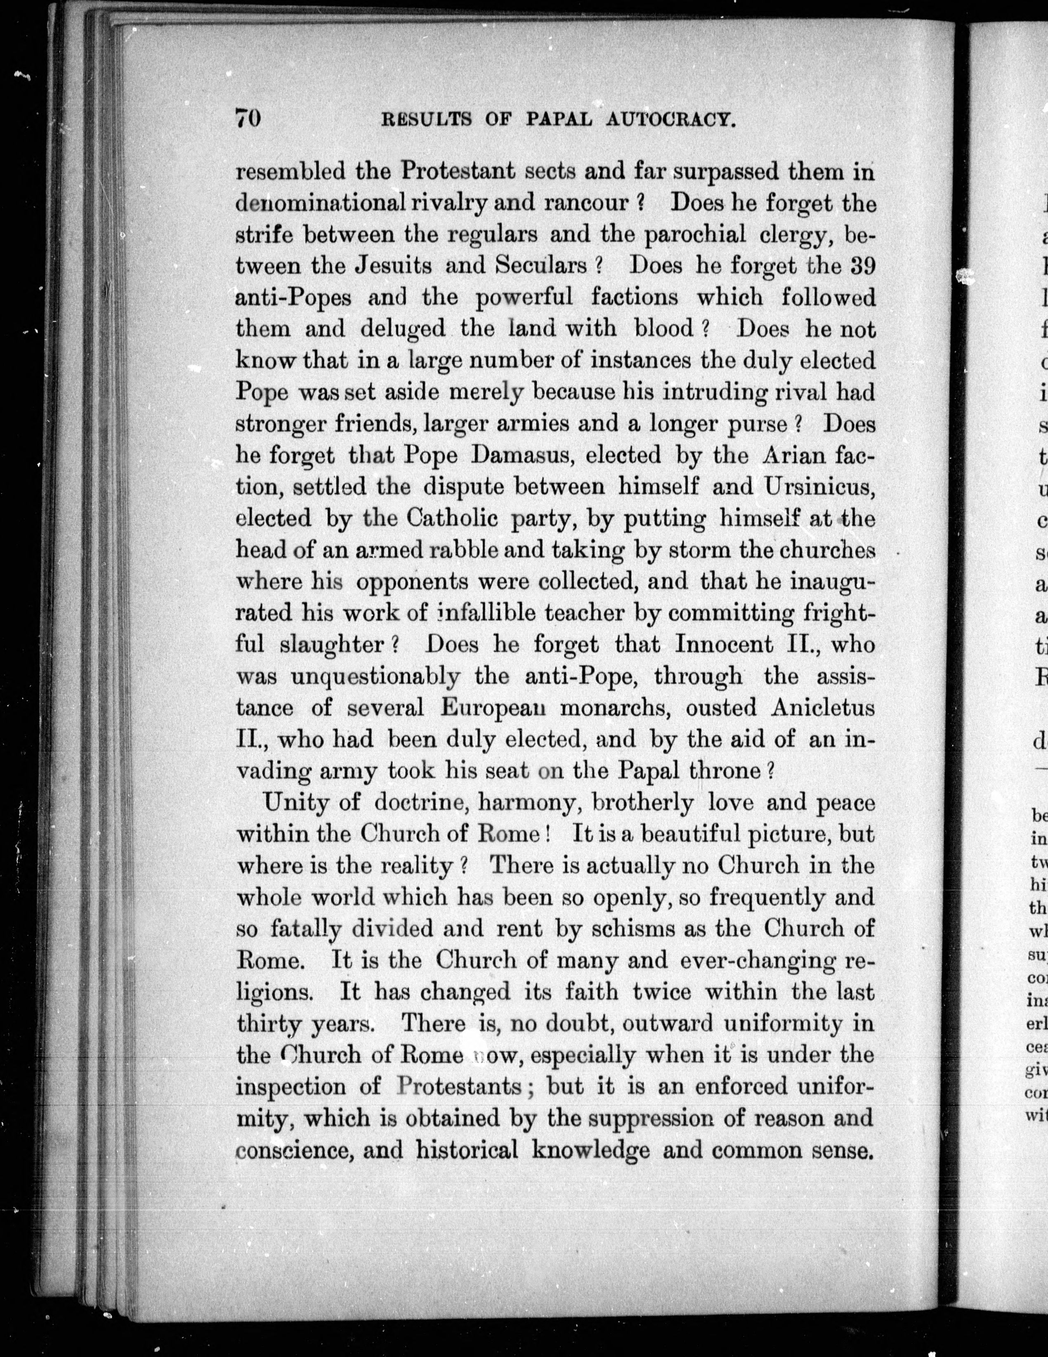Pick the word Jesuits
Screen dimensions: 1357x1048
389,266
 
